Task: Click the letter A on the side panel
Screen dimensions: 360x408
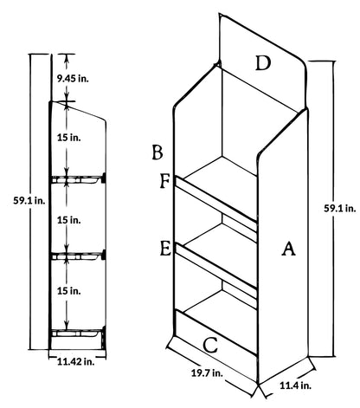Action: point(288,249)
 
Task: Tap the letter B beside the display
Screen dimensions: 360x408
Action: point(157,152)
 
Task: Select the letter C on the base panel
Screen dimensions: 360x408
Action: point(210,345)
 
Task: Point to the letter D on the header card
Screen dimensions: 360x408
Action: point(263,63)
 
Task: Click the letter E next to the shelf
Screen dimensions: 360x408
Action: point(165,249)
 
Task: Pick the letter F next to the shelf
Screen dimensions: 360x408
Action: point(164,181)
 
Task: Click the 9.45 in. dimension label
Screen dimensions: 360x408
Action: point(73,78)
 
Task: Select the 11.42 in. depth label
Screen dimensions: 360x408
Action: point(76,361)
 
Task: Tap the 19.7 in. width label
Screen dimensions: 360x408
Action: point(207,372)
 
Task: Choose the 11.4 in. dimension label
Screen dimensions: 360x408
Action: point(295,385)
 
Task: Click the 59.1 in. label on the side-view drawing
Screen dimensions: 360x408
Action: point(29,200)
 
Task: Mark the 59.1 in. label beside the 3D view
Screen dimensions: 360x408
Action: point(340,208)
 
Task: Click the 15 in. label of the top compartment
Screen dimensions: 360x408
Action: point(69,138)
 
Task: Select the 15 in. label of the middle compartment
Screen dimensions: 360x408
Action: point(69,220)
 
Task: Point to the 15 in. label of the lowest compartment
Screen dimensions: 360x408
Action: point(69,291)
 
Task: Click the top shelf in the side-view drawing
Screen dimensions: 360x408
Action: point(77,179)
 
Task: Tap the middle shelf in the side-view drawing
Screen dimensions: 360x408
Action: point(77,256)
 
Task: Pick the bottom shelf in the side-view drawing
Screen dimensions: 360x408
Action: point(77,333)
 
